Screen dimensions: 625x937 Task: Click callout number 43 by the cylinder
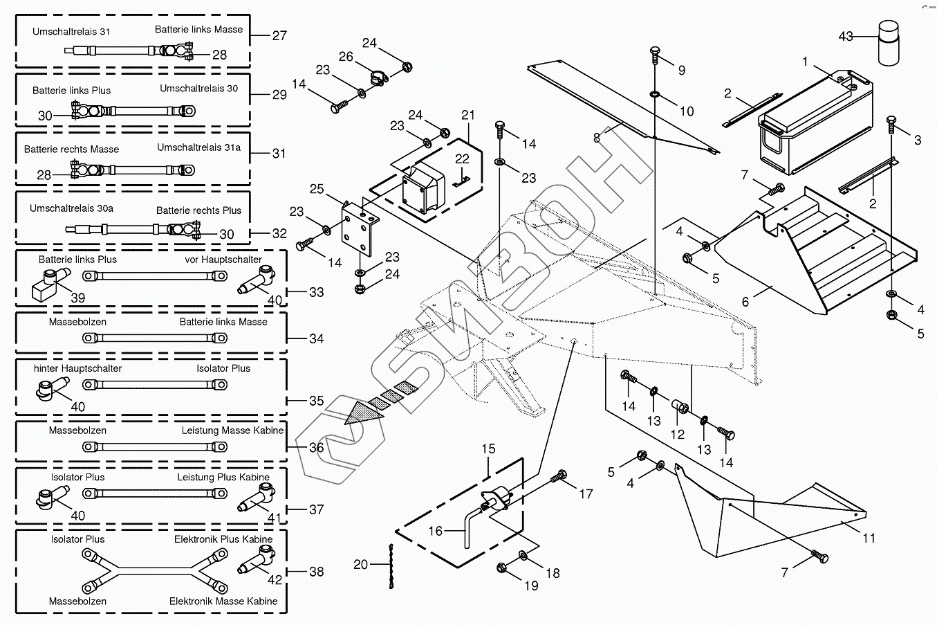pyautogui.click(x=846, y=36)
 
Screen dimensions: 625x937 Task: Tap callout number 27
pyautogui.click(x=279, y=35)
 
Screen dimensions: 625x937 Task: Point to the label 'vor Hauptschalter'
pyautogui.click(x=223, y=260)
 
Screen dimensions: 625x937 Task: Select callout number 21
pyautogui.click(x=468, y=115)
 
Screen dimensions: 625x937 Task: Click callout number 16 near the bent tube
pyautogui.click(x=436, y=531)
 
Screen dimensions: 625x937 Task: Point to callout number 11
pyautogui.click(x=869, y=538)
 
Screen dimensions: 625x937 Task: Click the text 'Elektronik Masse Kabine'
pyautogui.click(x=223, y=601)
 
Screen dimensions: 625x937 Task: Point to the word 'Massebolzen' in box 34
pyautogui.click(x=77, y=322)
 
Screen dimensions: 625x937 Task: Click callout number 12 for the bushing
pyautogui.click(x=677, y=434)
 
